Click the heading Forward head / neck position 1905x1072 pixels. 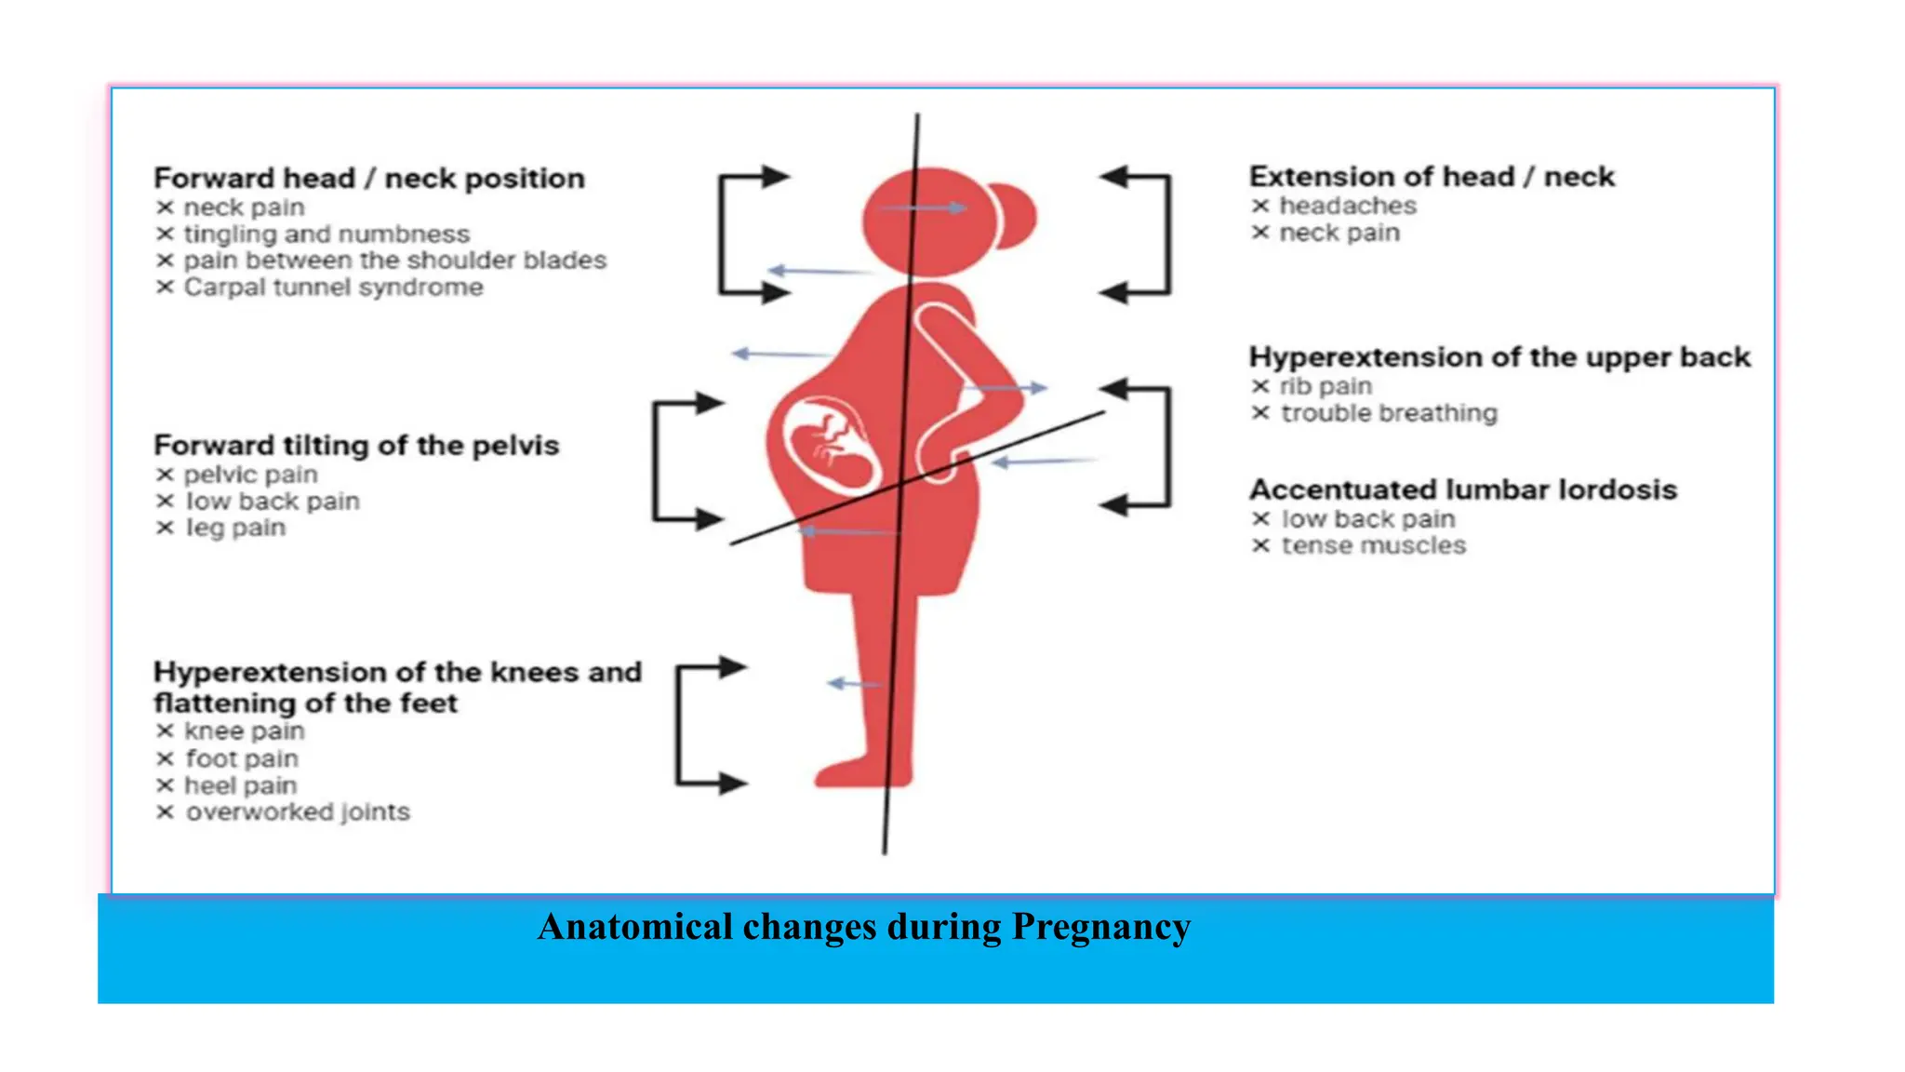click(368, 178)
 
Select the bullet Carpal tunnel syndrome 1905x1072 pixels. click(333, 288)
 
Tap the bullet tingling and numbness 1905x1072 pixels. click(326, 234)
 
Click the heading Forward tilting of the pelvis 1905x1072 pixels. click(356, 446)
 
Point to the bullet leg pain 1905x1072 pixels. click(235, 529)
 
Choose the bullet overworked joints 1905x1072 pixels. click(297, 812)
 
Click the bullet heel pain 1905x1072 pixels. click(240, 786)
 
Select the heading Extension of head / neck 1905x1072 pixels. click(1431, 177)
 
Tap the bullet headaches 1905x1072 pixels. click(1347, 206)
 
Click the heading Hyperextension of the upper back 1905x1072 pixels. click(1499, 357)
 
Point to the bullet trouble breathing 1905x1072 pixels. click(1389, 413)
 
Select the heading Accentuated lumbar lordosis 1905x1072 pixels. click(1462, 489)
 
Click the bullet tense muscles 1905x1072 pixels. click(1373, 546)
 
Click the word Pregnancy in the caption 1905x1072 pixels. click(1100, 927)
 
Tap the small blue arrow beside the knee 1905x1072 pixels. click(852, 684)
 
